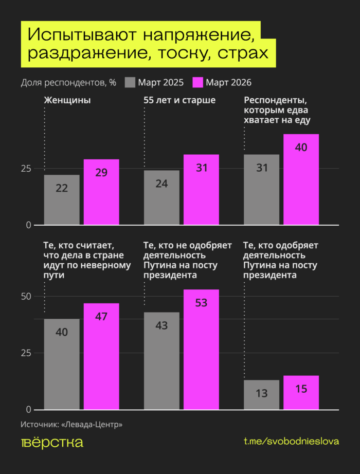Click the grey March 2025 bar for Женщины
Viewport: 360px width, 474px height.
62,200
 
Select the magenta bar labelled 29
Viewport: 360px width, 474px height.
101,192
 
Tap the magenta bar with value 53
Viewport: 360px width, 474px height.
201,350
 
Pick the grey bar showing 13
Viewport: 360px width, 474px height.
261,395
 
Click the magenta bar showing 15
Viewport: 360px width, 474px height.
301,393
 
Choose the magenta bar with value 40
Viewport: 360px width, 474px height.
301,179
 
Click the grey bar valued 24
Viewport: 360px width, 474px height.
161,197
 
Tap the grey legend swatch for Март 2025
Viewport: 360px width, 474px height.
130,82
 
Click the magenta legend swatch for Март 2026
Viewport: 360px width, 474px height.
198,82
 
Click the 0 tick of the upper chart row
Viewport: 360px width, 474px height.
29,225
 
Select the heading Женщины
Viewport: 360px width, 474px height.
67,100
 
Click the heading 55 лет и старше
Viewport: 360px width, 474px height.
179,100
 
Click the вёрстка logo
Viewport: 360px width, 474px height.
52,443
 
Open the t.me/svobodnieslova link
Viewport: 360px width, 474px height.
291,443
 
